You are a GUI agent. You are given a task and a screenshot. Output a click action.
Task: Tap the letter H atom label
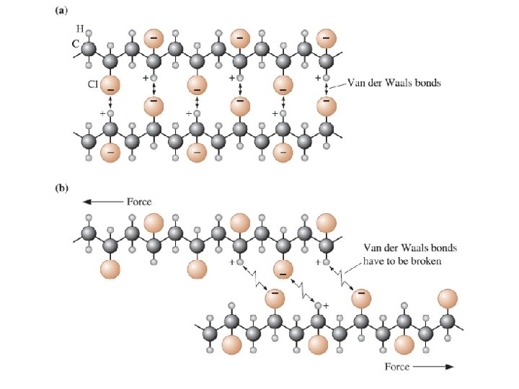[79, 28]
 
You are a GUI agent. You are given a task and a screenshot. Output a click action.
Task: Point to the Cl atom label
[93, 84]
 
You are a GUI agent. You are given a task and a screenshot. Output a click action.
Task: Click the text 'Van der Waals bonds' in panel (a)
[394, 83]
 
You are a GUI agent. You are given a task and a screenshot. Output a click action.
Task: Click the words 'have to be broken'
[402, 261]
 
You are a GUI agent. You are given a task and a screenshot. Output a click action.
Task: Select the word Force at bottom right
[397, 367]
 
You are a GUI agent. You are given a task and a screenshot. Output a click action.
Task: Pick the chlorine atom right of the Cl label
[110, 86]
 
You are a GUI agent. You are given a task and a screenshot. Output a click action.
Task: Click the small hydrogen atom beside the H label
[89, 32]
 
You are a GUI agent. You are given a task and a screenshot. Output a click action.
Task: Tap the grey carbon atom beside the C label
[89, 48]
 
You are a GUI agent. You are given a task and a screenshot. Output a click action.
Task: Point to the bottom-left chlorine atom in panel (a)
[110, 152]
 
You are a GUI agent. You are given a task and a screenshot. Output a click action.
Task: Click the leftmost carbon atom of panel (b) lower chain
[210, 334]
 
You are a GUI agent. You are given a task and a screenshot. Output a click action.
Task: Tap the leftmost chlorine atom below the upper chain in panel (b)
[110, 269]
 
